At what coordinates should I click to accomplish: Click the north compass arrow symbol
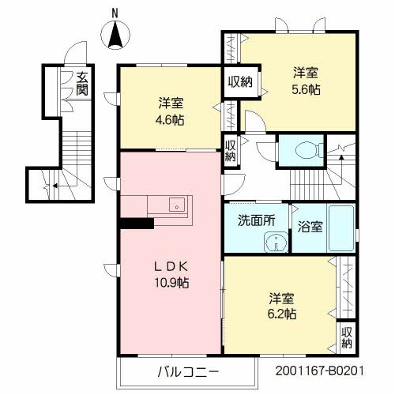pos(115,36)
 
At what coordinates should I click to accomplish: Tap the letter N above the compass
pos(115,12)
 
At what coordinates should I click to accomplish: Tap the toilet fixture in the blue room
pos(303,150)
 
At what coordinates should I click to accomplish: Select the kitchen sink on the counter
pos(175,206)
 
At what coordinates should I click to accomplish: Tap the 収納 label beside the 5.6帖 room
pos(241,81)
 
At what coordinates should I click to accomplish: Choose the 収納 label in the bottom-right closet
pos(348,337)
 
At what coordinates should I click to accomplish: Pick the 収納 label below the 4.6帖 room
pos(230,149)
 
